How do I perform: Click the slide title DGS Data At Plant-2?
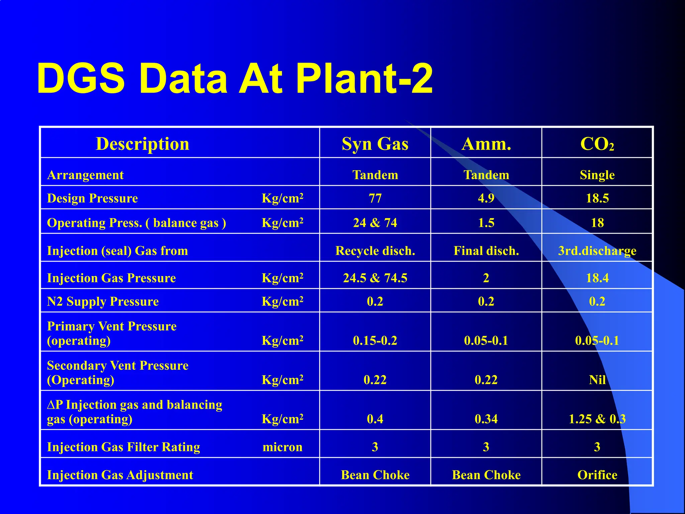(x=235, y=79)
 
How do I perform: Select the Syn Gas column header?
(x=375, y=144)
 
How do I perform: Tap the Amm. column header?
(x=486, y=144)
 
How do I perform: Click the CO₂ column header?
(x=597, y=144)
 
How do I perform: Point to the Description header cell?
(x=142, y=144)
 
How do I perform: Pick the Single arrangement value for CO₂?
(x=597, y=175)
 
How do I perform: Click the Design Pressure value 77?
(x=375, y=198)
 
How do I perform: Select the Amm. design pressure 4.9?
(x=486, y=198)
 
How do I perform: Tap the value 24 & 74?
(x=375, y=223)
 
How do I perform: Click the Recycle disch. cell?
(x=375, y=251)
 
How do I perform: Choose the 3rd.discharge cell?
(x=597, y=251)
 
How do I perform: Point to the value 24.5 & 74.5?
(x=375, y=278)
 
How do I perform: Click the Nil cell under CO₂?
(x=597, y=380)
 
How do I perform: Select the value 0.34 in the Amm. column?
(x=486, y=419)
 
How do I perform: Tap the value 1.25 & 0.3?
(x=597, y=419)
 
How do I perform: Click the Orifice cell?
(x=597, y=475)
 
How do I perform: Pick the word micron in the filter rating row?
(x=282, y=447)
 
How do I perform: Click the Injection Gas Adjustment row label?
(x=120, y=475)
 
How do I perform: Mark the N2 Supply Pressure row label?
(x=103, y=302)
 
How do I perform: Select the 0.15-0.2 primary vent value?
(x=375, y=341)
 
